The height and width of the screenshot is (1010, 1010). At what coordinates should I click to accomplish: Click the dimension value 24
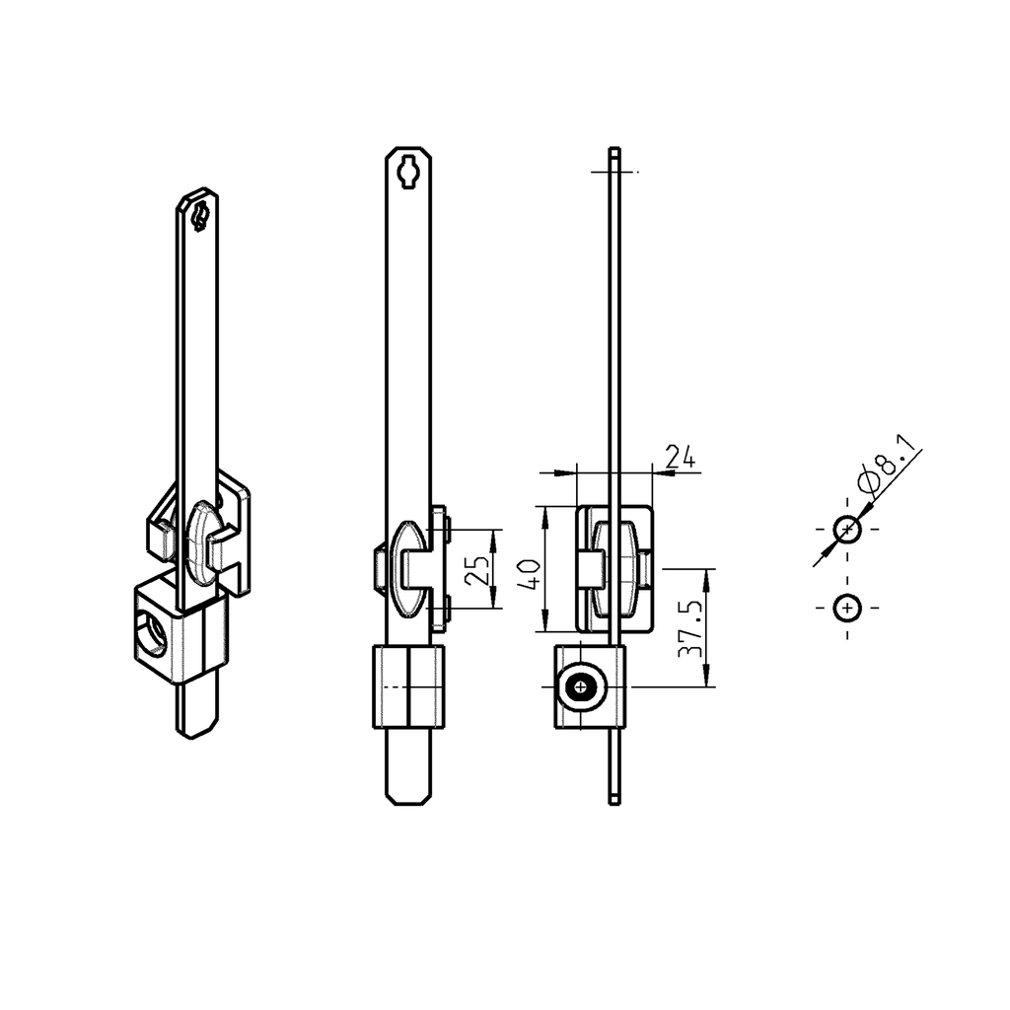click(x=681, y=457)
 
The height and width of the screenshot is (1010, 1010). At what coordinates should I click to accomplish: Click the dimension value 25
click(x=476, y=569)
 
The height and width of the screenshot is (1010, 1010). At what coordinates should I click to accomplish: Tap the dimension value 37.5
click(x=691, y=628)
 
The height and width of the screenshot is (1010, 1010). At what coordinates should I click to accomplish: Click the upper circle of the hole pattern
click(x=847, y=530)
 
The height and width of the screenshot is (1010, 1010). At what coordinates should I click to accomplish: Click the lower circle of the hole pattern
click(x=847, y=609)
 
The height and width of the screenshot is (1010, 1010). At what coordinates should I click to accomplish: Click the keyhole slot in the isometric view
click(x=200, y=216)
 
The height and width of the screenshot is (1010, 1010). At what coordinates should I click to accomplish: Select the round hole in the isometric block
click(x=154, y=639)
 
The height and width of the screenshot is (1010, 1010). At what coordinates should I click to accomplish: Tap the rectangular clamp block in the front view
click(x=408, y=686)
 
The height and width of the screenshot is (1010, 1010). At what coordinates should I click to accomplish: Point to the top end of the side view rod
click(x=614, y=151)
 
